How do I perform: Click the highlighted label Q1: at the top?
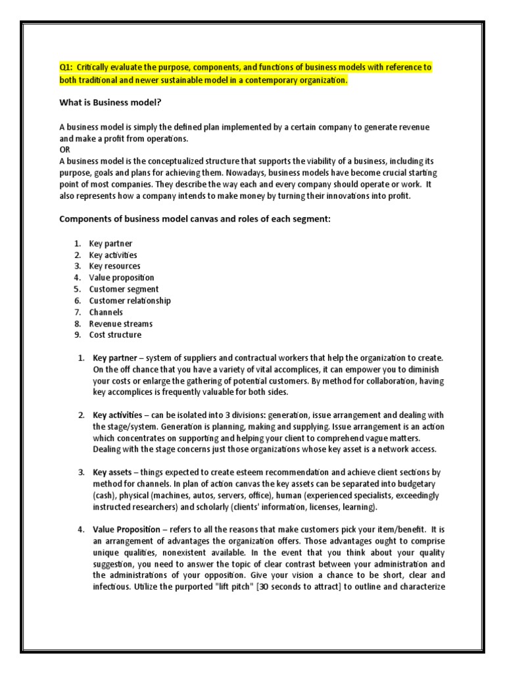pos(66,68)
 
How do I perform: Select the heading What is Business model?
pos(110,102)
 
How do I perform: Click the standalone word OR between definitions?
pos(65,149)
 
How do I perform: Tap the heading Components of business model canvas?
pos(195,219)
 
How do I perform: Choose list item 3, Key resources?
pos(114,266)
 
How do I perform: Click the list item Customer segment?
pos(124,289)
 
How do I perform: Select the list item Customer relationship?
pos(130,300)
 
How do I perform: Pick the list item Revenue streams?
pos(121,323)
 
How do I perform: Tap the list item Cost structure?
pos(115,334)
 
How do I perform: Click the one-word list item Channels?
pos(106,312)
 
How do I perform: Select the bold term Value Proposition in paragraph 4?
pos(126,529)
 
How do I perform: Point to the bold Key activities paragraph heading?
pos(117,415)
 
